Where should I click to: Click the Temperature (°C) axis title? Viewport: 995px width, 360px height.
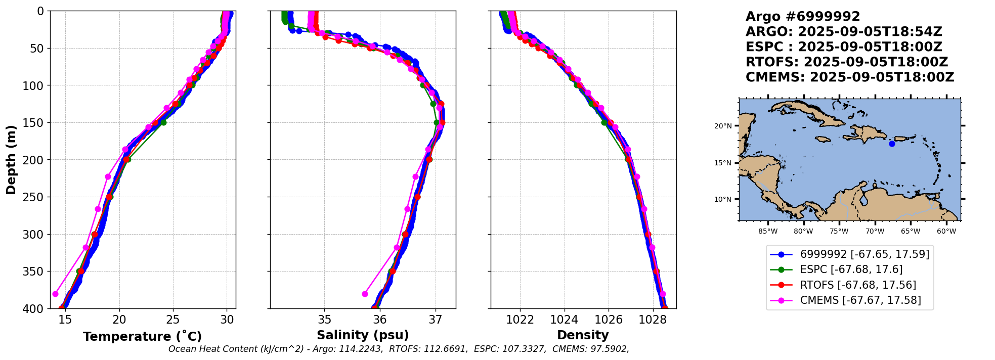pyautogui.click(x=142, y=336)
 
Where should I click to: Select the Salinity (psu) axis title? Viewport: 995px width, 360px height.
pyautogui.click(x=363, y=335)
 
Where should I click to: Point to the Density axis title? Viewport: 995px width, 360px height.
pyautogui.click(x=583, y=335)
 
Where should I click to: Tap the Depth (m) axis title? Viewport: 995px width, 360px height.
pyautogui.click(x=11, y=160)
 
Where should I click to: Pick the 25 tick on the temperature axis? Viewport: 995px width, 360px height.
pyautogui.click(x=173, y=320)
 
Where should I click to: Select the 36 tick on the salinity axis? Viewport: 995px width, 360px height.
pyautogui.click(x=379, y=320)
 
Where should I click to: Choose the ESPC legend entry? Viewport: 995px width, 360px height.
pyautogui.click(x=851, y=269)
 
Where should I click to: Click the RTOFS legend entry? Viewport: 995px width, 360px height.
pyautogui.click(x=857, y=285)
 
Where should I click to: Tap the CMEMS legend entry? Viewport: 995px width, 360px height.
pyautogui.click(x=860, y=300)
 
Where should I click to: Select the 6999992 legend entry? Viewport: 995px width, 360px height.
pyautogui.click(x=864, y=254)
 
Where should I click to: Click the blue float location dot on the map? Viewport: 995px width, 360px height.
pyautogui.click(x=892, y=144)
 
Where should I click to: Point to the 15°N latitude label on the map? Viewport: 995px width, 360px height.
pyautogui.click(x=723, y=163)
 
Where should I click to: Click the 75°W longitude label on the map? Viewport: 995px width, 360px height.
pyautogui.click(x=839, y=232)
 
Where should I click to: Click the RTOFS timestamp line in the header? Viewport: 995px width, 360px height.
pyautogui.click(x=846, y=62)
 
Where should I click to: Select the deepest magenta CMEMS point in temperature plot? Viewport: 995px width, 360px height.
pyautogui.click(x=55, y=294)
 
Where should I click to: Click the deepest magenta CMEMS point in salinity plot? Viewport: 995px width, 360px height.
pyautogui.click(x=365, y=294)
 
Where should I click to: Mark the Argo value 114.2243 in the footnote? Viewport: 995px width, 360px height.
pyautogui.click(x=363, y=349)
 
